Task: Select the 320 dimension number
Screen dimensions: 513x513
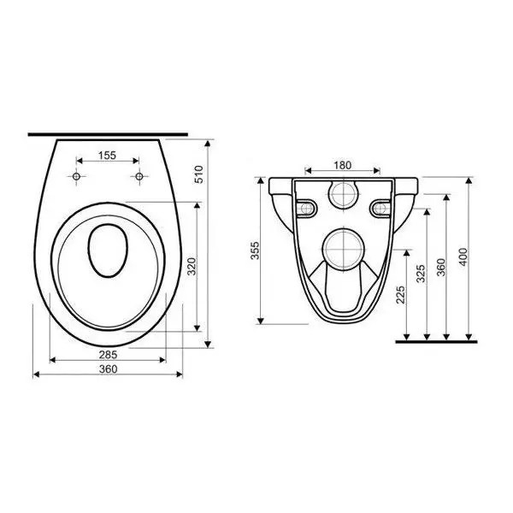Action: tap(192, 266)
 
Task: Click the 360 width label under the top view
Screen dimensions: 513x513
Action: tap(107, 369)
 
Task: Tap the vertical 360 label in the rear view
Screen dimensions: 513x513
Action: tap(441, 267)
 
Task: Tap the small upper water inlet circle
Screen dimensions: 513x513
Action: tap(344, 195)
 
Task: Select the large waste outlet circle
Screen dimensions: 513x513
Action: tap(344, 248)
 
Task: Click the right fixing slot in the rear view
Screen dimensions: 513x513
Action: tap(380, 205)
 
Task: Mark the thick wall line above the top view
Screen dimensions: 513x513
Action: tap(107, 134)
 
